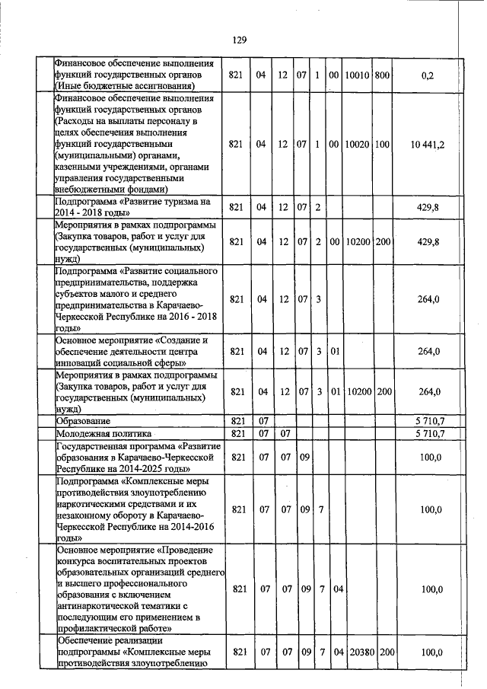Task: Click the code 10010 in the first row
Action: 357,75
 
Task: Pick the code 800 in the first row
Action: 382,75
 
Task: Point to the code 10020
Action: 357,144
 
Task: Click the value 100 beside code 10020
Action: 382,144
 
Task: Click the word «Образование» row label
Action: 83,421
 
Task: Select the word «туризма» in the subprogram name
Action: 171,202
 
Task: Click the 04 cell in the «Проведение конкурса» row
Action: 339,589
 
